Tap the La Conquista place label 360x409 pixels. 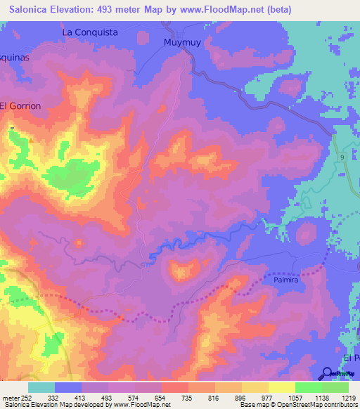point(90,32)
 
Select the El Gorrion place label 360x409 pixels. point(20,105)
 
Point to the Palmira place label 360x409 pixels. point(286,280)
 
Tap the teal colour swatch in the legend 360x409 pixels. point(41,387)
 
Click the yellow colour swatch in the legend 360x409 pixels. point(282,387)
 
